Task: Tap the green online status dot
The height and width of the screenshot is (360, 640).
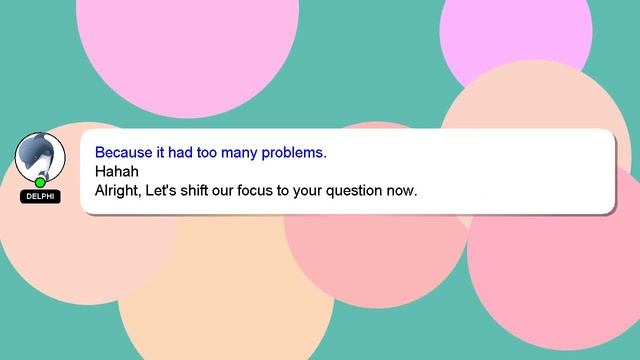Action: [40, 182]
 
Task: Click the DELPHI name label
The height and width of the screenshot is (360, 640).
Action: [40, 197]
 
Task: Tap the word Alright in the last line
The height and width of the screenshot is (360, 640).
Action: [118, 189]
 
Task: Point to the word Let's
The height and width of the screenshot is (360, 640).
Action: [164, 189]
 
